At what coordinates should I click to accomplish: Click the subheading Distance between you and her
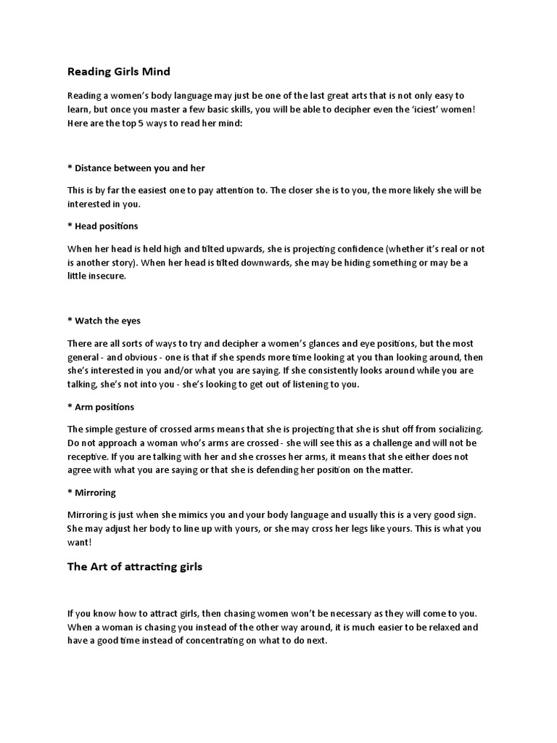pos(136,168)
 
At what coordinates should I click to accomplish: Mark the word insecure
pos(107,276)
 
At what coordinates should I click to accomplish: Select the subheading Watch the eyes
pos(104,320)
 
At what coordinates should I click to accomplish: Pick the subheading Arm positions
pos(101,407)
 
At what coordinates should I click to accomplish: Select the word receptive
pos(89,456)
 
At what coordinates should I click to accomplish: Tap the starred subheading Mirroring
pos(91,493)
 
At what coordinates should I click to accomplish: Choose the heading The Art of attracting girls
pos(135,567)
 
